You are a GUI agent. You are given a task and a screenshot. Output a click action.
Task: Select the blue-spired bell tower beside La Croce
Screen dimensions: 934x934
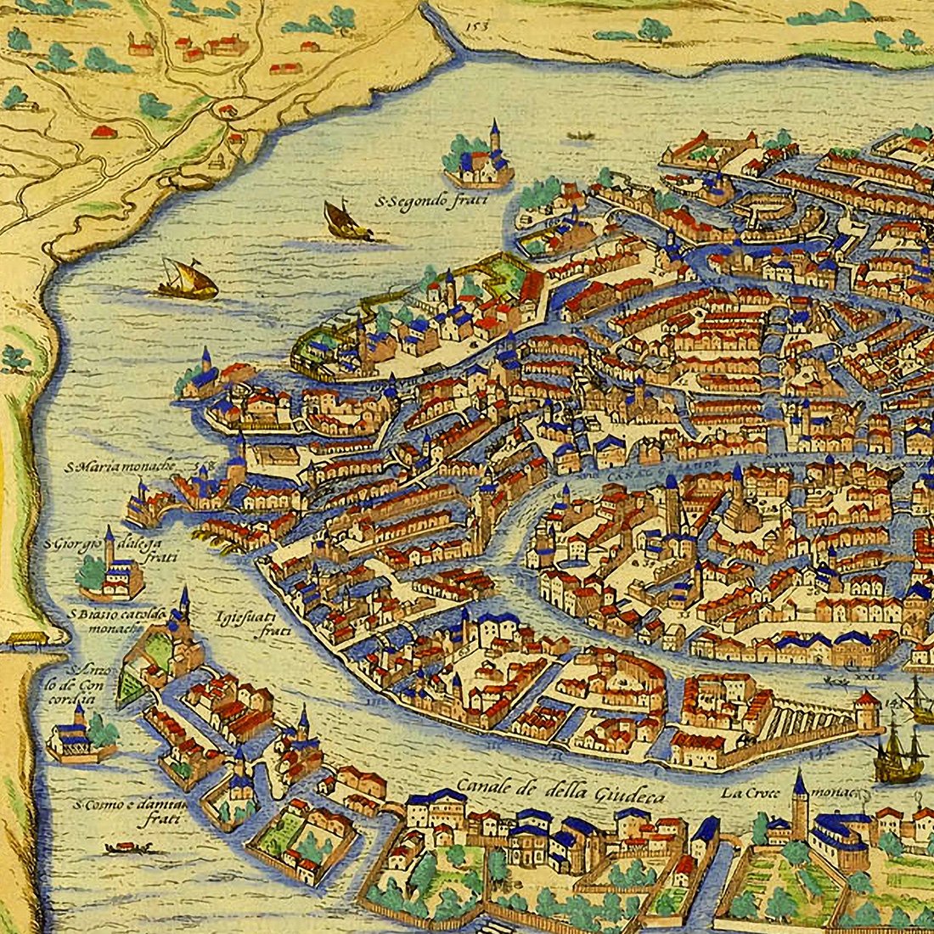799,807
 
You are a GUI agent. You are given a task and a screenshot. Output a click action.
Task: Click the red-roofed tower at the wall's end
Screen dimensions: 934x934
867,710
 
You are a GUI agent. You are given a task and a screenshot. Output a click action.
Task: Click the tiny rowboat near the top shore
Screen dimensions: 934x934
580,135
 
